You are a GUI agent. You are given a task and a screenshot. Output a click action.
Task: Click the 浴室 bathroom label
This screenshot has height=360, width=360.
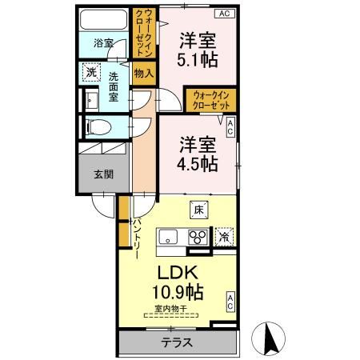(x=102, y=42)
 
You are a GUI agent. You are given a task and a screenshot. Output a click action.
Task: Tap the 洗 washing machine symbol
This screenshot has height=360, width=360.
(x=90, y=71)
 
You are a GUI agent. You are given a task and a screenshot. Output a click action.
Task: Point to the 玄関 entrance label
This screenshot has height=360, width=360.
(x=102, y=174)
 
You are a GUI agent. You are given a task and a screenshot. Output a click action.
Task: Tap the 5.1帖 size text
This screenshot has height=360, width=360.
(x=198, y=58)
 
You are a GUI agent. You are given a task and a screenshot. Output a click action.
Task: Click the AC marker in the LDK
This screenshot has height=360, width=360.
(x=230, y=302)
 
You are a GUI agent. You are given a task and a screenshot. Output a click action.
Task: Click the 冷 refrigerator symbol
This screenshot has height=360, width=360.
(x=225, y=236)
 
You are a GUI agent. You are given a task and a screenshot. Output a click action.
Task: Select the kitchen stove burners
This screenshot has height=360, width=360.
(x=197, y=237)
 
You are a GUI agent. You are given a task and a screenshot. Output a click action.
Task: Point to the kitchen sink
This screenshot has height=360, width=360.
(x=168, y=236)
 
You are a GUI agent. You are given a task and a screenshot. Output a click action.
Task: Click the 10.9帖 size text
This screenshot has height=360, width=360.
(x=177, y=290)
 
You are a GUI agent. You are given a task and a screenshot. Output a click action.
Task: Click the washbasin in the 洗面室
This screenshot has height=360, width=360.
(x=90, y=100)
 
